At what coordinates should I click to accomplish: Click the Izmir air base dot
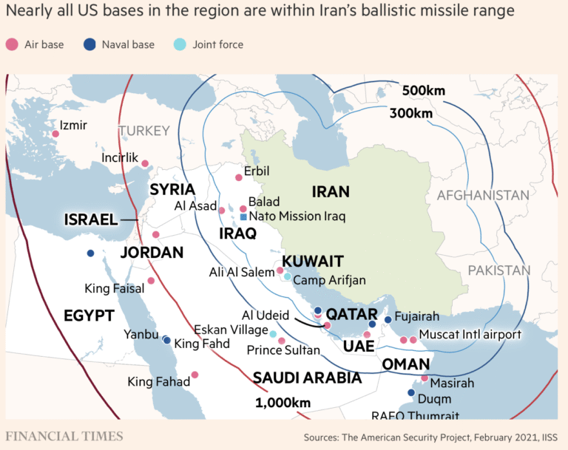[55, 134]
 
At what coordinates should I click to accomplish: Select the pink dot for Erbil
[238, 177]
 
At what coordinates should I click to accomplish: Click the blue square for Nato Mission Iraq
[243, 217]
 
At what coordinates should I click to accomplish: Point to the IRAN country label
[330, 192]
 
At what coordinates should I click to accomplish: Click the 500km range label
[424, 91]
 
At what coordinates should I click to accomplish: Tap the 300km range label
[410, 113]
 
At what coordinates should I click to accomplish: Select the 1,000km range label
[283, 402]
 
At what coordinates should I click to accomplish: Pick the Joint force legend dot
[180, 44]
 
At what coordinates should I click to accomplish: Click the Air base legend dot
[11, 44]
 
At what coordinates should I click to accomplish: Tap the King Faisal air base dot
[151, 281]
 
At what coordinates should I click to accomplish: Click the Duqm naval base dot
[411, 392]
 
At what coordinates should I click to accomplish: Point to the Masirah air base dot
[424, 378]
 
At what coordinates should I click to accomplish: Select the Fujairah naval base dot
[388, 320]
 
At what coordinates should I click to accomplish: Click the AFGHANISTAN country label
[483, 195]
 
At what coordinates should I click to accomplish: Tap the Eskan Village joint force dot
[273, 334]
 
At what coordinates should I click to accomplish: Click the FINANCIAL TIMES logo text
[64, 435]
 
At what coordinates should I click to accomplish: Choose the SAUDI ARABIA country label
[307, 378]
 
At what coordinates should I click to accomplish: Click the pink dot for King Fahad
[195, 375]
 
